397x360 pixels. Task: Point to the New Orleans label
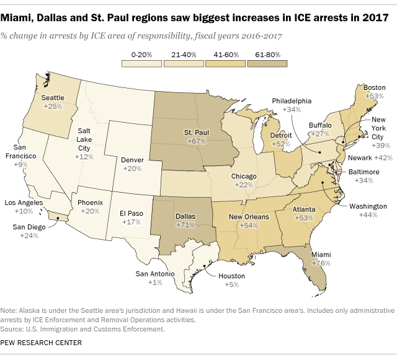[x=249, y=217]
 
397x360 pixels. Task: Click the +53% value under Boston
[x=374, y=97]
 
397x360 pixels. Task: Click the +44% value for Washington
[x=367, y=214]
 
